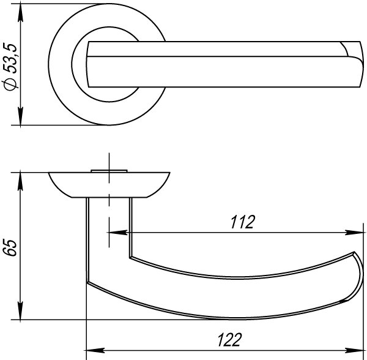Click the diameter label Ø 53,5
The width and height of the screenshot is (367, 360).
coord(10,67)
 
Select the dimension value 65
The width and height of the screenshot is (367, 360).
coord(10,247)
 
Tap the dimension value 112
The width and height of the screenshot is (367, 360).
coord(242,222)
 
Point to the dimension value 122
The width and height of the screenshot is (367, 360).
coord(229,340)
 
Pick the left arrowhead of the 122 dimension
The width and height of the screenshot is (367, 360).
coord(95,351)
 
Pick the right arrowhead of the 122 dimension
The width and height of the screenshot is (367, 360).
coord(354,351)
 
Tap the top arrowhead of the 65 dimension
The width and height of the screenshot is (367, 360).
coord(20,182)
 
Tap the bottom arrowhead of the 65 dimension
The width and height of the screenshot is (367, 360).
coord(20,310)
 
